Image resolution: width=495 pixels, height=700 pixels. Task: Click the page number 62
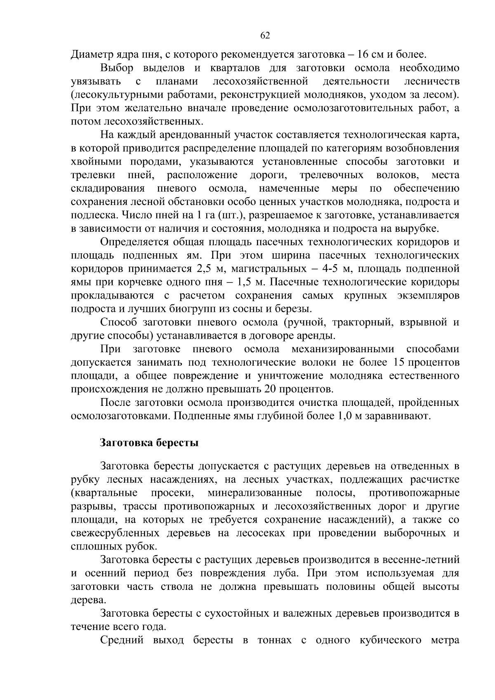click(x=265, y=35)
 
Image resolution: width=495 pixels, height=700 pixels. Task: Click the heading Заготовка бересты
click(x=149, y=443)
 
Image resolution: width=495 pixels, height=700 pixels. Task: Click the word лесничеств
click(x=432, y=81)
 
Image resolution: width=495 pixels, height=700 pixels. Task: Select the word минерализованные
click(x=255, y=493)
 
